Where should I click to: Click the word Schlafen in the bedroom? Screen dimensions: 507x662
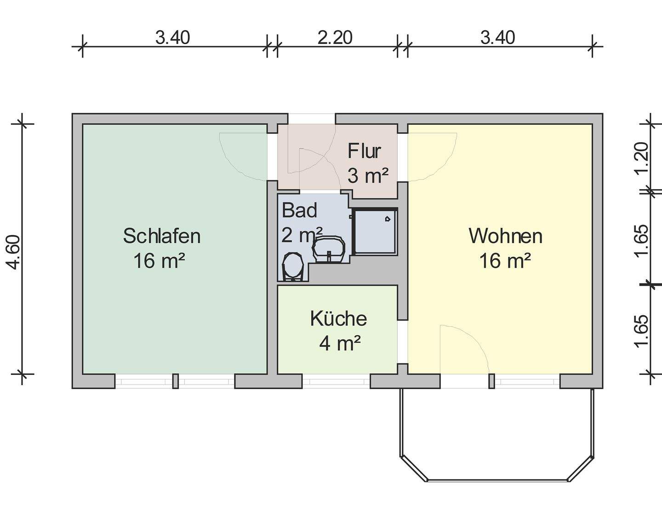(x=162, y=236)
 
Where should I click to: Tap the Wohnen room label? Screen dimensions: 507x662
(x=505, y=236)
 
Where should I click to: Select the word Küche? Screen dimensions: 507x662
(x=338, y=318)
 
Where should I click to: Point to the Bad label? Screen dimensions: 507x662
(x=300, y=210)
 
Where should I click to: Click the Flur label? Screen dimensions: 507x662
(x=365, y=151)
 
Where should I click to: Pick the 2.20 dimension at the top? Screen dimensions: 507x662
(x=335, y=37)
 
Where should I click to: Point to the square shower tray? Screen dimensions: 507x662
(x=375, y=232)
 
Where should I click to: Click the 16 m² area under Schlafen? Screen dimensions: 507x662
(x=160, y=261)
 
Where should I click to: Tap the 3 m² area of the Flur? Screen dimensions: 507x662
(x=368, y=176)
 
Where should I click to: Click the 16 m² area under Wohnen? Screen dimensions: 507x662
(x=505, y=261)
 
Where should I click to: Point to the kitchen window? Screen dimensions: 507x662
(x=336, y=381)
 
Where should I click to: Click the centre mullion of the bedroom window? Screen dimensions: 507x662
(x=175, y=381)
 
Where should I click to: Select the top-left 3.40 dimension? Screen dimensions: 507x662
(x=172, y=37)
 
